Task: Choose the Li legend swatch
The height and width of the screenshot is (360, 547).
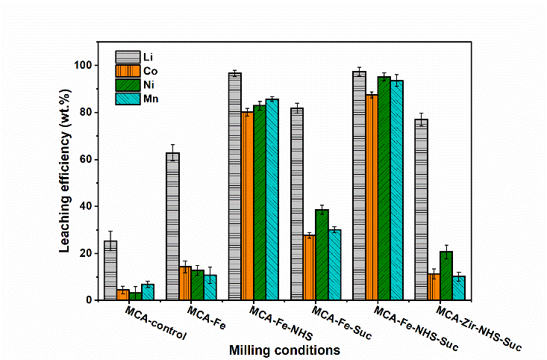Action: (x=127, y=57)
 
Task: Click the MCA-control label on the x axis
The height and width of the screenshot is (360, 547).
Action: (x=156, y=323)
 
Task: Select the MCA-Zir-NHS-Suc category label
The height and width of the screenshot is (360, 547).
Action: (x=477, y=329)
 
